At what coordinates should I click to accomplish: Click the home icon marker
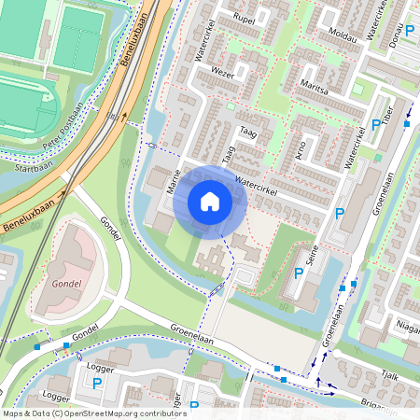pos(210,202)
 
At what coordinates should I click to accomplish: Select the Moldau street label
pos(343,35)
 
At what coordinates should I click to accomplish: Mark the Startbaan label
pos(34,169)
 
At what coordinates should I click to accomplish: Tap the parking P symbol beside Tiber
pos(376,124)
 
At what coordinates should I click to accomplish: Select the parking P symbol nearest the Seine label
pos(299,273)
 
